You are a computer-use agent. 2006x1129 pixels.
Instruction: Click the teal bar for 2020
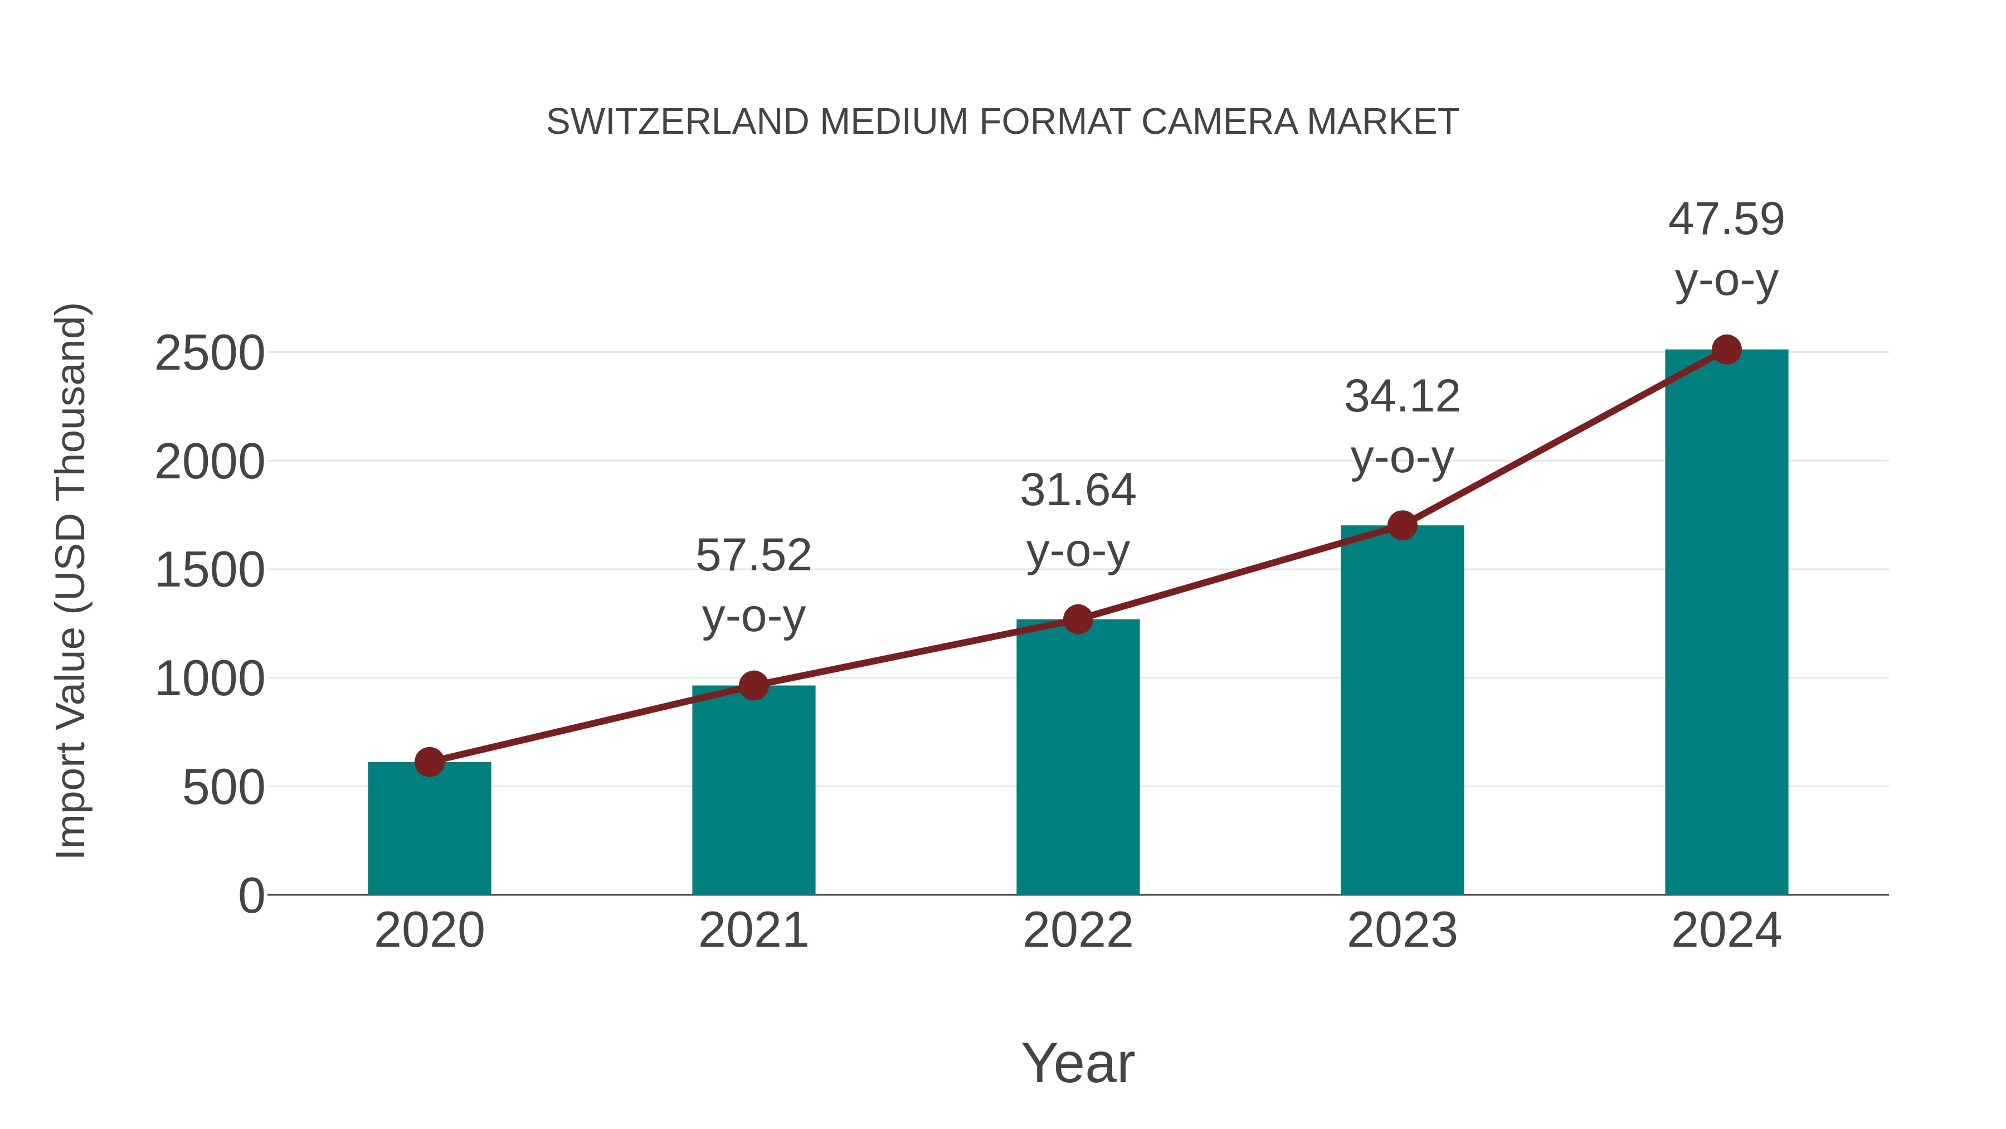coord(429,829)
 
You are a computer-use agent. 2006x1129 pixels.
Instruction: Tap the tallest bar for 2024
coord(1726,623)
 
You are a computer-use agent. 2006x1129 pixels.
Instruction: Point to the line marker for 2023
coord(1402,526)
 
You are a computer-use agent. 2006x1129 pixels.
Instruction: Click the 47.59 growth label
coord(1726,220)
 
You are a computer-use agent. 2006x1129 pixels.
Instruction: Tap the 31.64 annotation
coord(1078,491)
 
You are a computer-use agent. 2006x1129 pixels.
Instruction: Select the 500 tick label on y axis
coord(223,788)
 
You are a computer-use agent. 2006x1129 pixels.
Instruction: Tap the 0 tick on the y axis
coord(251,896)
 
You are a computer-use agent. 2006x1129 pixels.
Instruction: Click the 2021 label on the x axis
coord(753,931)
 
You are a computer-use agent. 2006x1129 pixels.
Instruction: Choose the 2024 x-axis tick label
coord(1726,931)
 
